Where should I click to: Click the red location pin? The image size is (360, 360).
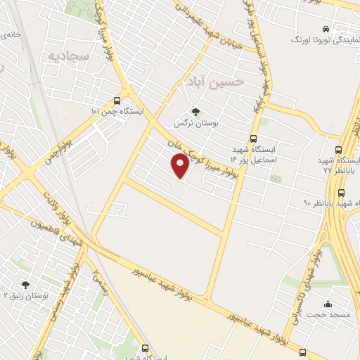[180, 166]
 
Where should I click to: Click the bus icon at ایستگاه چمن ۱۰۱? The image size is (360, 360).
[127, 101]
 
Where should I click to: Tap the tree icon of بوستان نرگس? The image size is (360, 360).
[195, 111]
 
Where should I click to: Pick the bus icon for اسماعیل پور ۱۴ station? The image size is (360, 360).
[253, 139]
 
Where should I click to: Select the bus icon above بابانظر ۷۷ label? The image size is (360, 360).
[340, 149]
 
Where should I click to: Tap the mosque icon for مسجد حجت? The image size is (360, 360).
[328, 304]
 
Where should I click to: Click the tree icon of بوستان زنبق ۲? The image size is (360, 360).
[25, 285]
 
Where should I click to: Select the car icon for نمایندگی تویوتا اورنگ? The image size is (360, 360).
[325, 29]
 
